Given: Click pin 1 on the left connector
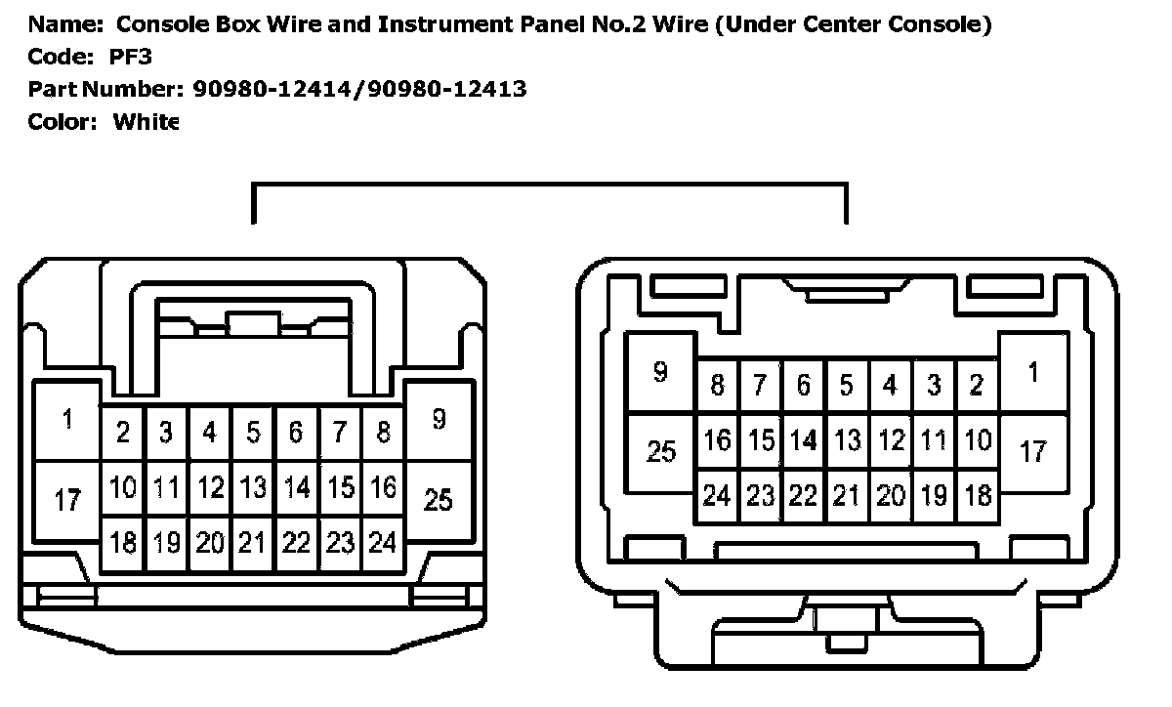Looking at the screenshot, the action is [67, 421].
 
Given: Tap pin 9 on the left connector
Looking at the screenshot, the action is [439, 419].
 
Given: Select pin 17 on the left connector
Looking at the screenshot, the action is [67, 501].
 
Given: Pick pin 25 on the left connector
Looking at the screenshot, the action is [439, 499].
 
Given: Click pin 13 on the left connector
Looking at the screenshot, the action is [253, 485].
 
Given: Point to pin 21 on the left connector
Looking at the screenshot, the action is [253, 541].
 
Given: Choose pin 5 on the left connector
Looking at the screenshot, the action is [253, 431].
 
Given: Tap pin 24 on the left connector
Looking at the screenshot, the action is [382, 541].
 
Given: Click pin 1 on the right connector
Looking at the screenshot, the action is [1033, 372].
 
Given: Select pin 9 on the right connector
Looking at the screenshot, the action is [660, 372].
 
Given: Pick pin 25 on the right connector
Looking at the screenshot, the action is [661, 452].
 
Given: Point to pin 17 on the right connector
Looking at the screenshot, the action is [1033, 452].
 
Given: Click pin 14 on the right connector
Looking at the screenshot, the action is [803, 440].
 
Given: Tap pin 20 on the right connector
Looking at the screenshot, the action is [890, 496].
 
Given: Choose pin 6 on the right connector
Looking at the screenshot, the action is [803, 385].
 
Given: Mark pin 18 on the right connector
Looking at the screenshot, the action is [976, 496].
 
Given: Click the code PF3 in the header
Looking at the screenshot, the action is [131, 57].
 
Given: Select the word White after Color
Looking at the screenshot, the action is [146, 122].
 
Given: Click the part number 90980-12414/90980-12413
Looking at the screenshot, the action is [356, 90].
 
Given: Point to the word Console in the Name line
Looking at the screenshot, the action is [157, 25].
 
